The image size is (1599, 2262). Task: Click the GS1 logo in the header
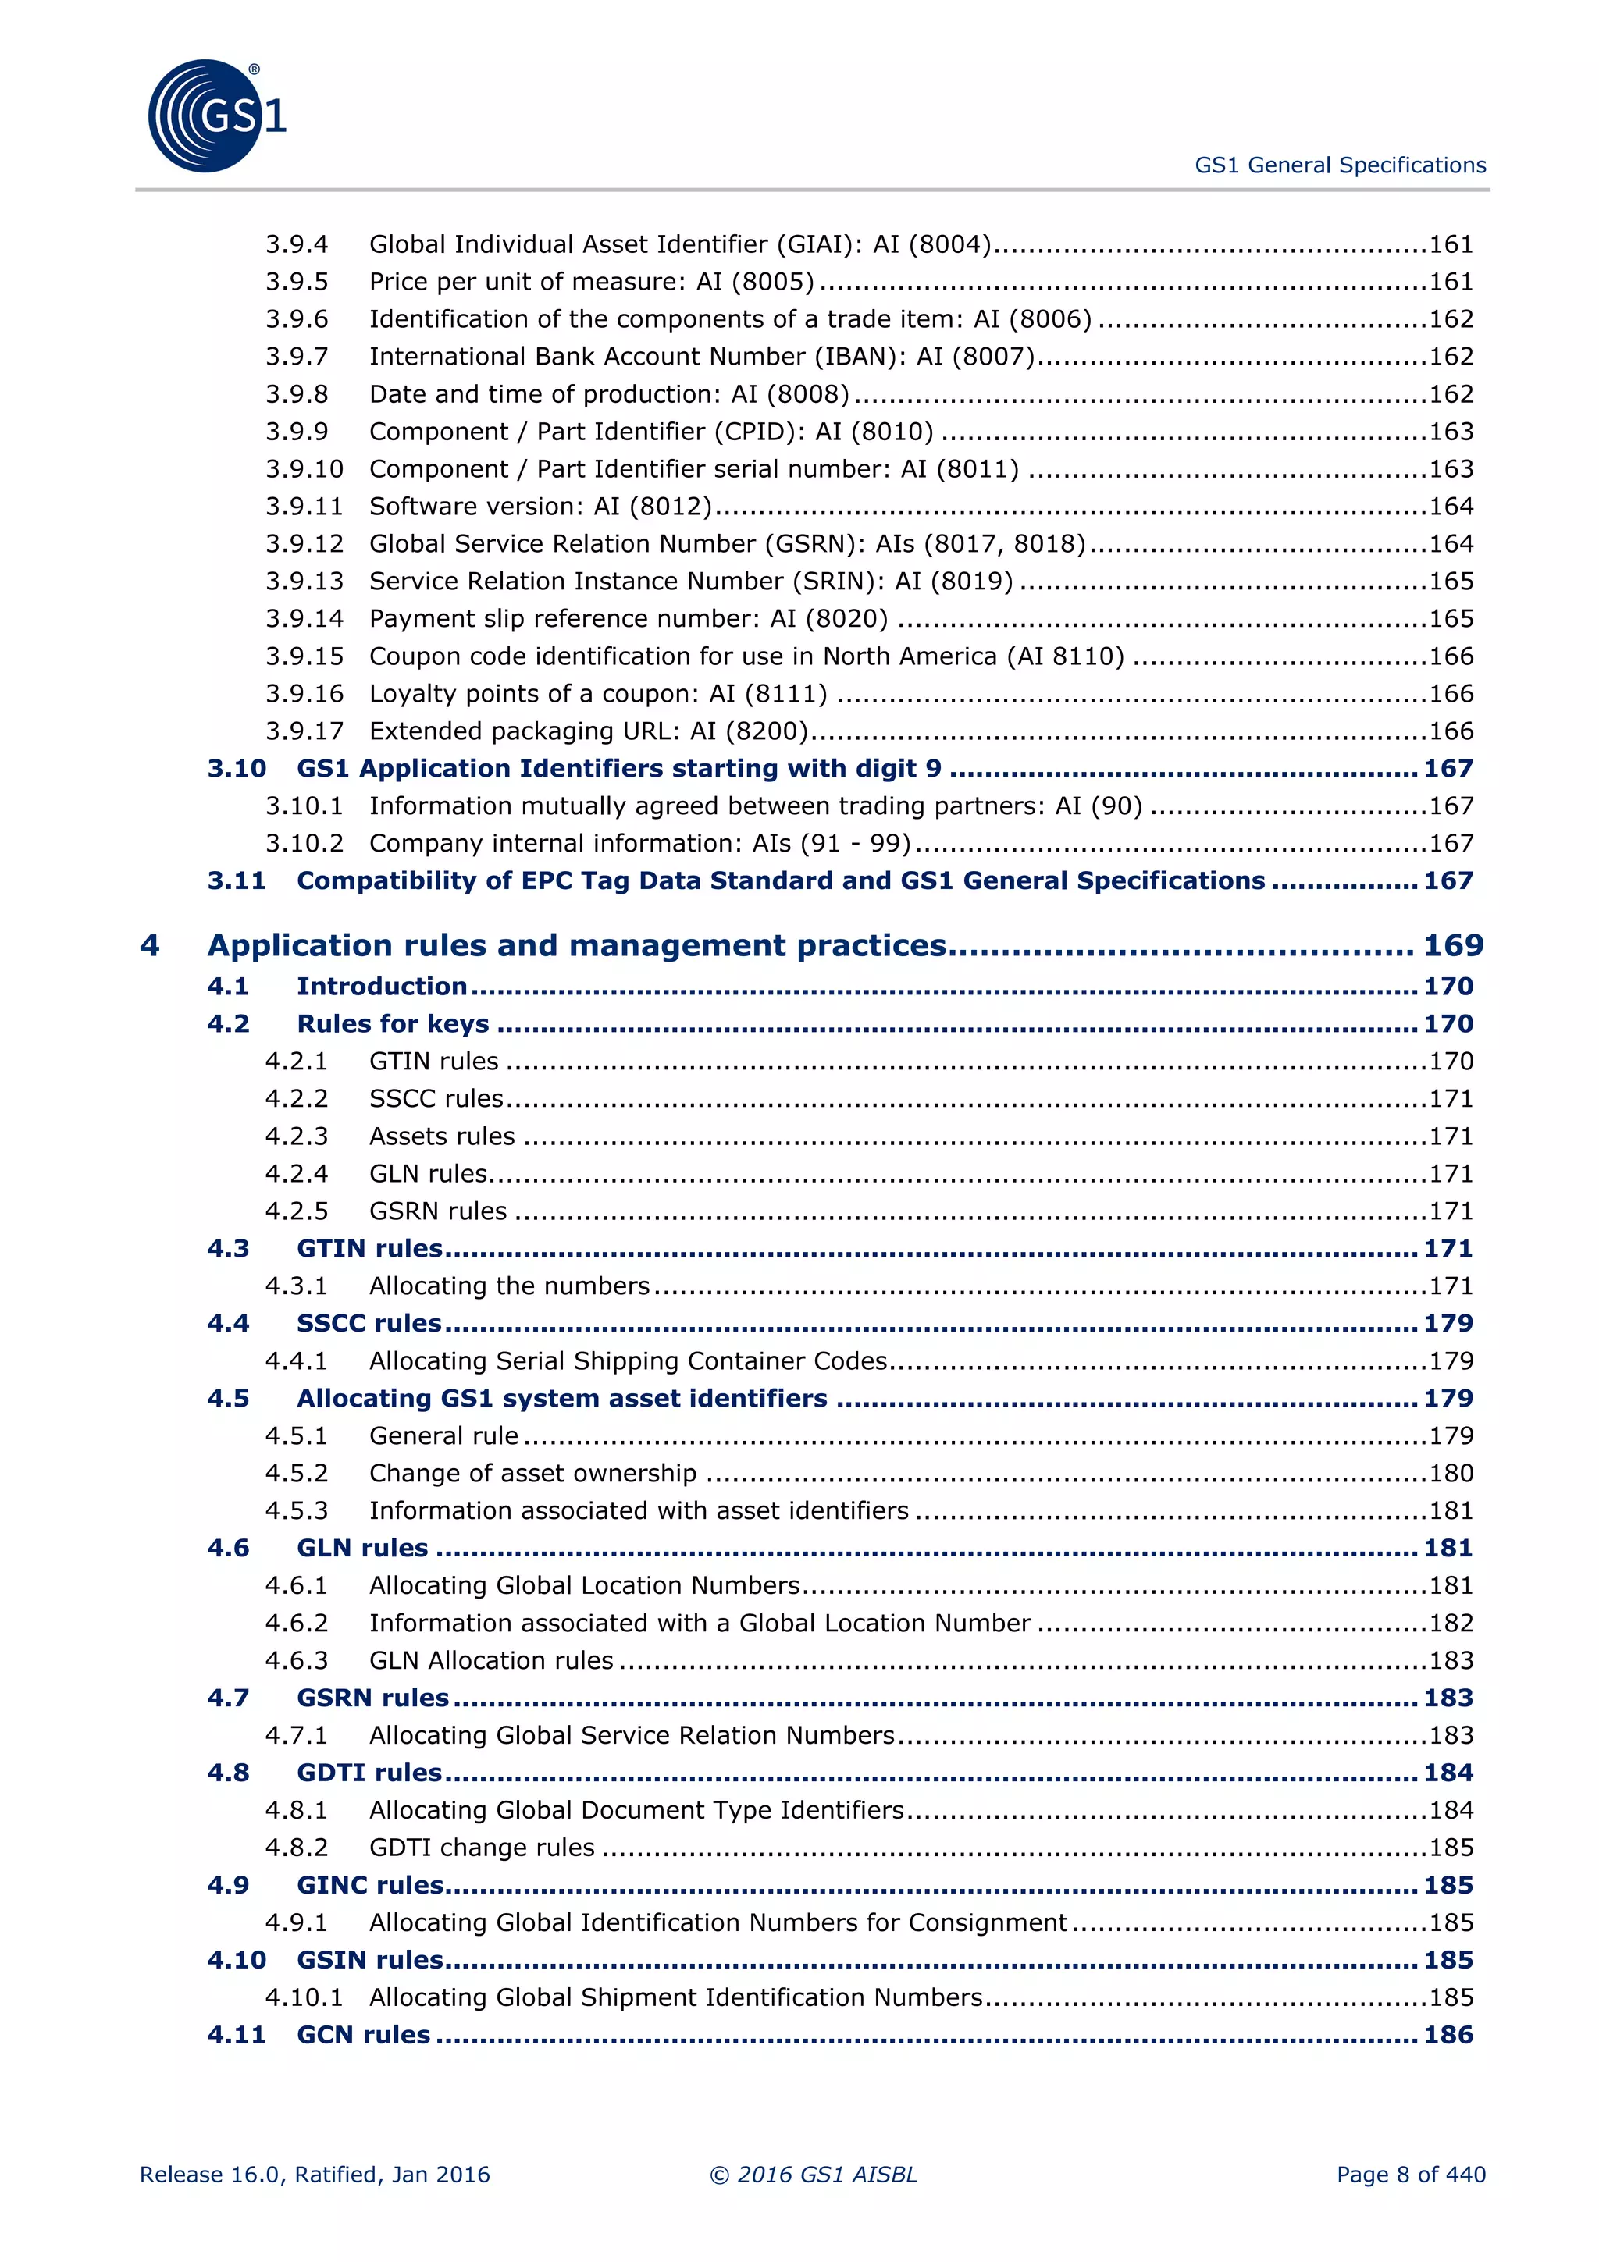[x=215, y=116]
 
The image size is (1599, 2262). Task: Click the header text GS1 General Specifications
[x=1339, y=165]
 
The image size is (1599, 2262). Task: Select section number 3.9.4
[x=297, y=244]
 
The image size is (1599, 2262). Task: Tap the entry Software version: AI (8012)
[x=540, y=507]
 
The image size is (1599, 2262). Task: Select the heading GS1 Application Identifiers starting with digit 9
[x=618, y=769]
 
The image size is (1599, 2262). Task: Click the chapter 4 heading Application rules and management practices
[x=576, y=946]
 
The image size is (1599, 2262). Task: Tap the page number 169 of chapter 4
[x=1452, y=946]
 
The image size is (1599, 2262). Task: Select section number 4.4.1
[x=297, y=1360]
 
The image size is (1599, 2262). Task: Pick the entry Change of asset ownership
[x=532, y=1473]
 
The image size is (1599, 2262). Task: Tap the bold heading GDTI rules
[x=369, y=1773]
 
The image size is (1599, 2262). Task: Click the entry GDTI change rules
[x=482, y=1848]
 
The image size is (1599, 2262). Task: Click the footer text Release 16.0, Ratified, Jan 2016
[x=315, y=2175]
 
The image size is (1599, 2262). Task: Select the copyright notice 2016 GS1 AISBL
[x=814, y=2175]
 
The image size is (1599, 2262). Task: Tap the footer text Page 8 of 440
[x=1410, y=2175]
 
